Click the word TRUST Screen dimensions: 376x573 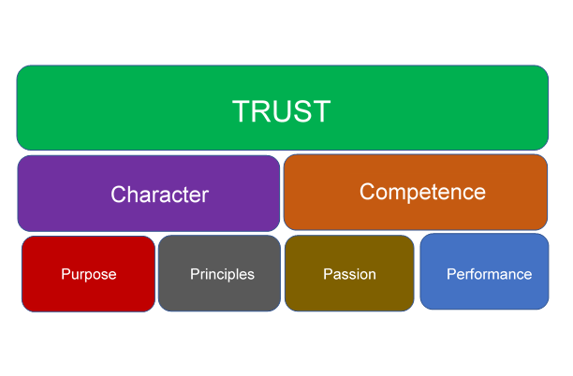point(281,111)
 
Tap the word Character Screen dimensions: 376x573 point(159,195)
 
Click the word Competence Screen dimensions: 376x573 point(422,192)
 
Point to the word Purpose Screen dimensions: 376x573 point(88,274)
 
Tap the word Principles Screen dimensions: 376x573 point(222,274)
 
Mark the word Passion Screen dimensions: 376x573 point(349,274)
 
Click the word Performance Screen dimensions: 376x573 point(489,274)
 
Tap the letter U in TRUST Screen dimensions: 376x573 point(282,111)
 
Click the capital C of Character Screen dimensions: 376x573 point(118,195)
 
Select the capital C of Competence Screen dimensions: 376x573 point(367,192)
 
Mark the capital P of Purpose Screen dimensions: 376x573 point(66,274)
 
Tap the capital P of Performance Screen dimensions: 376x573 point(450,274)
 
